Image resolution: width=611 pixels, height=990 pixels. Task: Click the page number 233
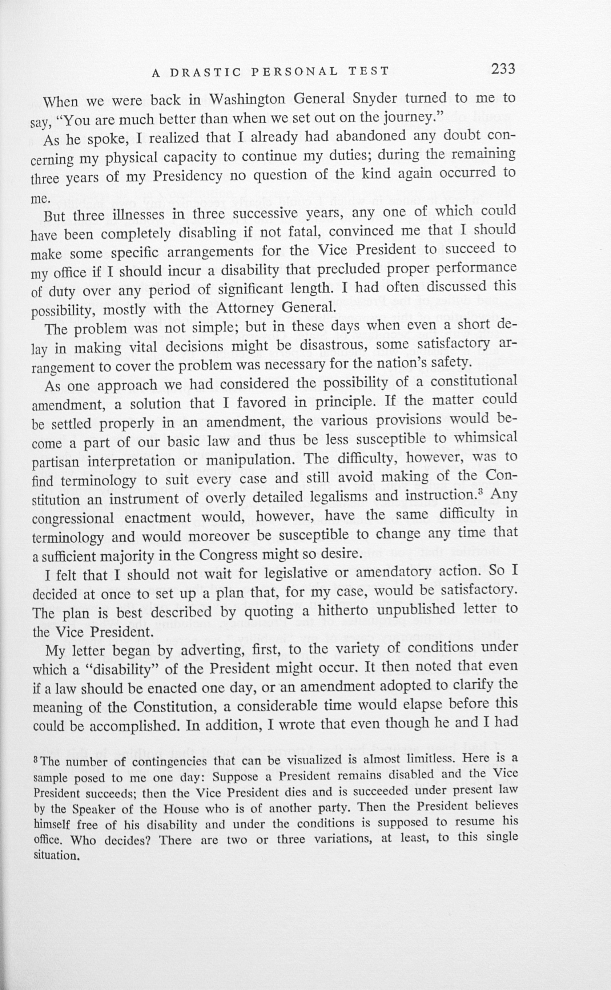pyautogui.click(x=503, y=69)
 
